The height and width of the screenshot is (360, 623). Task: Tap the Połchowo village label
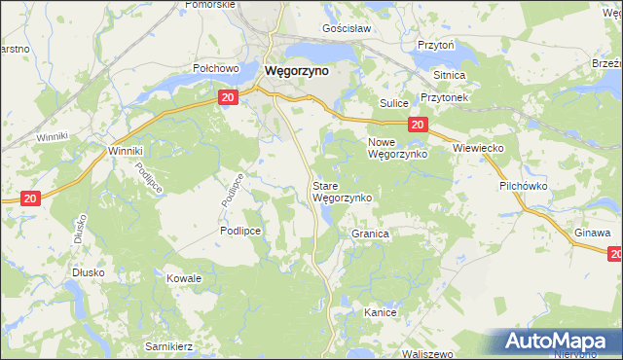tap(216, 69)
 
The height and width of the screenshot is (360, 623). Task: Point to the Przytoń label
tap(436, 45)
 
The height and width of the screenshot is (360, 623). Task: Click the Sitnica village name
tap(450, 75)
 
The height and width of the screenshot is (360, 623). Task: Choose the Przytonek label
tap(445, 98)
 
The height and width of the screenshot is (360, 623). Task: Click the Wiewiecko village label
tap(477, 147)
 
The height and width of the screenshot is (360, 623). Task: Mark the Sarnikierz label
tap(169, 345)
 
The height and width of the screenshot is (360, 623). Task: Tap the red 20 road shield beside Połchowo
tap(227, 98)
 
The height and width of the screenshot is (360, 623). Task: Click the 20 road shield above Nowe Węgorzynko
tap(417, 124)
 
